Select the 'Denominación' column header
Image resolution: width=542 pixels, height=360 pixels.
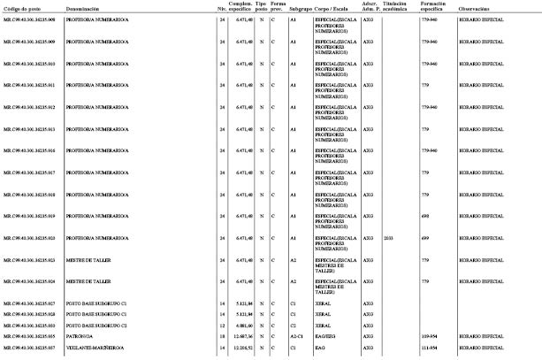pyautogui.click(x=82, y=8)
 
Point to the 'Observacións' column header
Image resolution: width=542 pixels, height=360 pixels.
pyautogui.click(x=476, y=8)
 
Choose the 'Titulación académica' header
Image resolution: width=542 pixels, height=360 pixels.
pyautogui.click(x=395, y=6)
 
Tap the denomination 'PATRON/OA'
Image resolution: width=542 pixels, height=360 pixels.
pyautogui.click(x=80, y=337)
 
